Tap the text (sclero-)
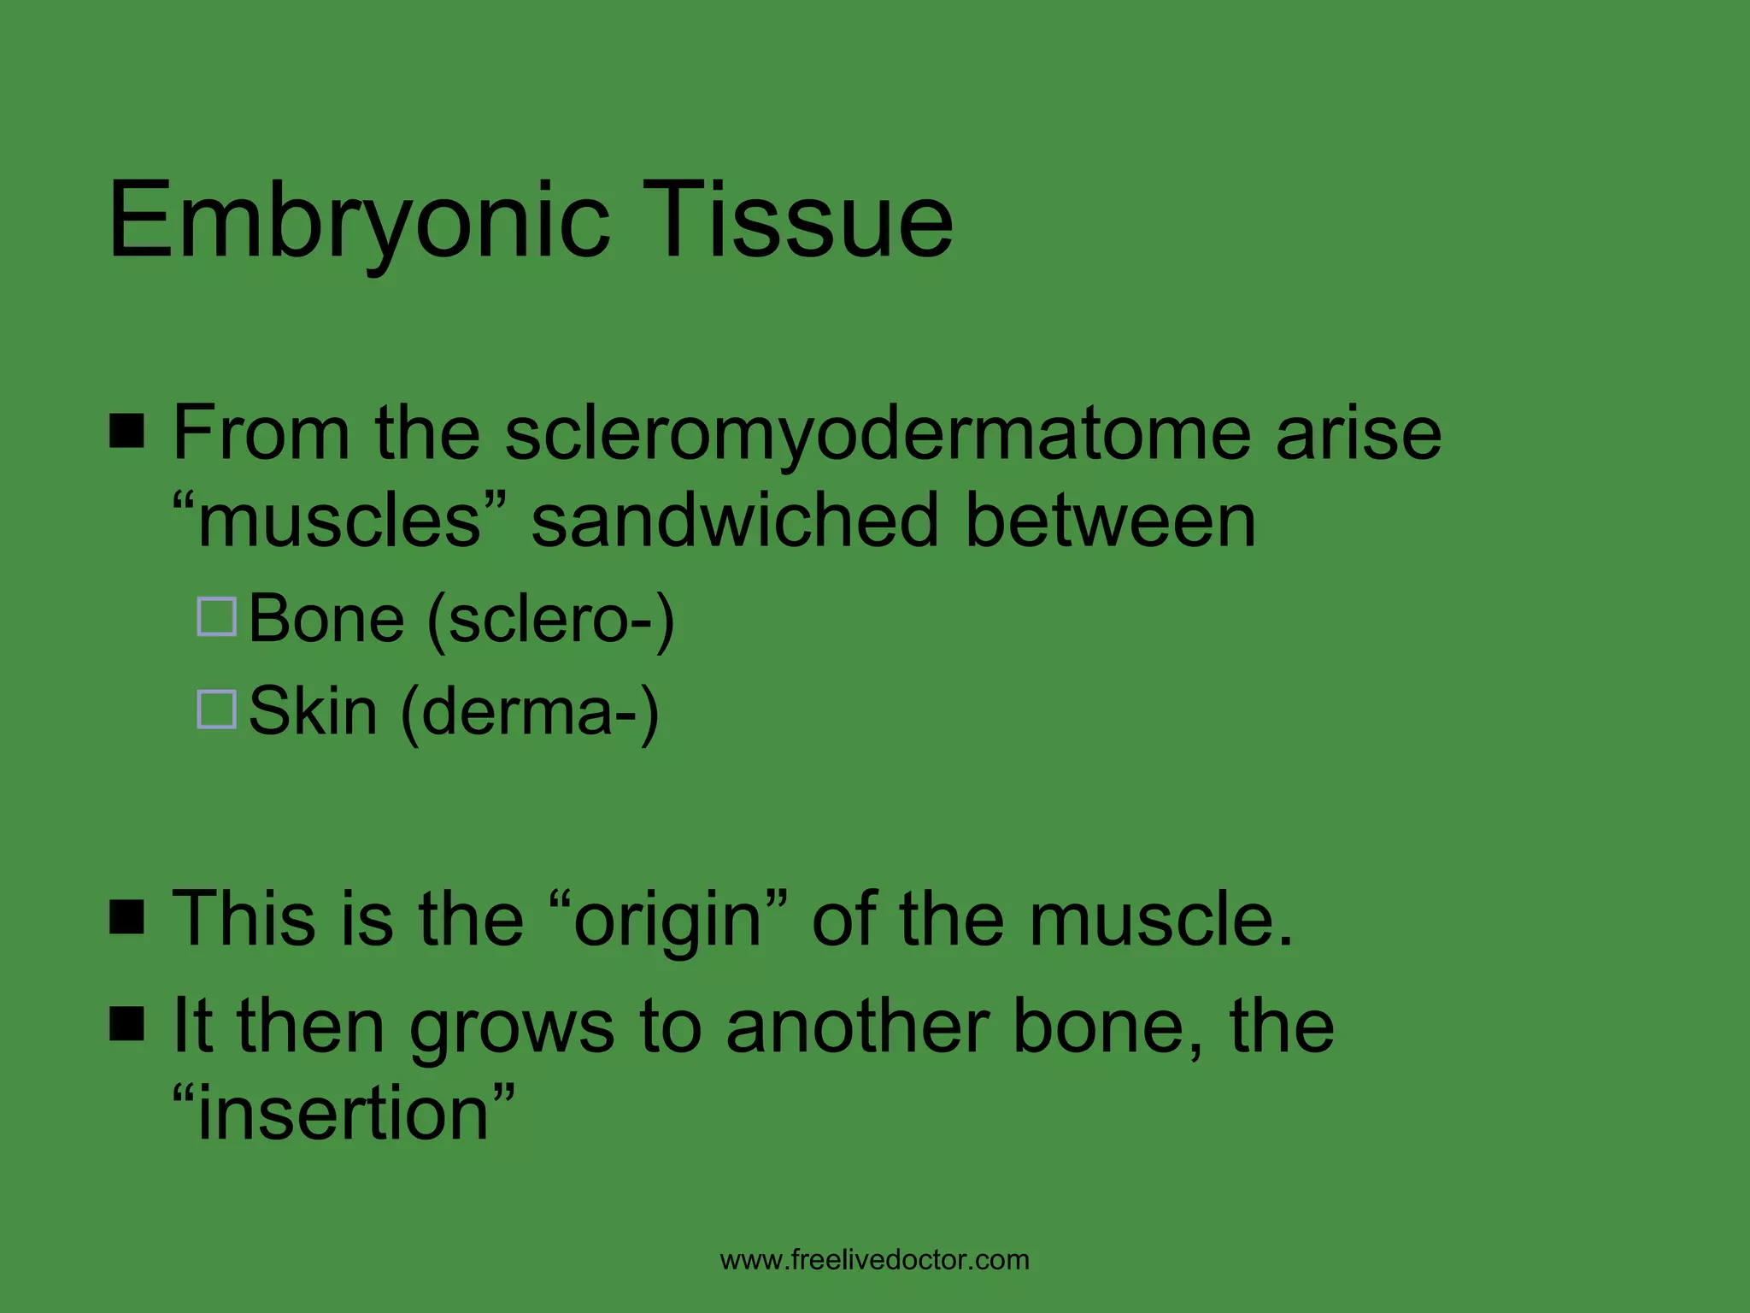click(x=550, y=619)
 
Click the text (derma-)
click(x=530, y=711)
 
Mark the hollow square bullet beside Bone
click(x=217, y=616)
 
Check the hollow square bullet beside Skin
click(x=217, y=709)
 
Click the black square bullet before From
click(x=127, y=431)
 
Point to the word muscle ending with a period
click(x=1161, y=919)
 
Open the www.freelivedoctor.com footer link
click(x=875, y=1260)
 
